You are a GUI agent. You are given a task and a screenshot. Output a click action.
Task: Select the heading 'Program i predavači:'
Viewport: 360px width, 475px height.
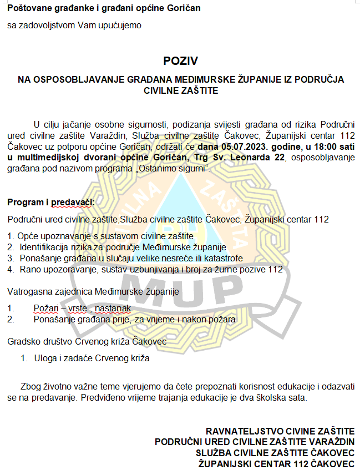pyautogui.click(x=51, y=202)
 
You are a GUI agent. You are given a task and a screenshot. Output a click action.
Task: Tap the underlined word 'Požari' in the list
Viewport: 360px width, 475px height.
pyautogui.click(x=45, y=308)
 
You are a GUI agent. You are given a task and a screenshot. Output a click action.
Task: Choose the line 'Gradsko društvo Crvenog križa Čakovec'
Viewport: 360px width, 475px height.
pyautogui.click(x=87, y=342)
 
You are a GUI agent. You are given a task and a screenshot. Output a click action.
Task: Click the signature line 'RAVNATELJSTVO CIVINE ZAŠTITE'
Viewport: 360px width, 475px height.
pyautogui.click(x=280, y=431)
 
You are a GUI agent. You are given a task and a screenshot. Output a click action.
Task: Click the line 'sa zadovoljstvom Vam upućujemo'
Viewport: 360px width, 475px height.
pyautogui.click(x=74, y=25)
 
